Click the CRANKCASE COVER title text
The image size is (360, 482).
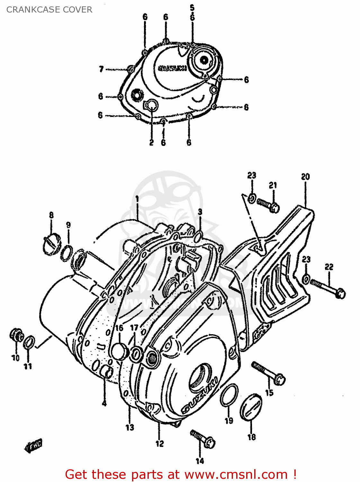pos(49,10)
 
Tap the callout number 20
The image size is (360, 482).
pos(305,176)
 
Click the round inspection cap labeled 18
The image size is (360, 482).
pos(251,407)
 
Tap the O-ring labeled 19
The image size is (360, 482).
pos(229,395)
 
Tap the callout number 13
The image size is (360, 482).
pos(130,427)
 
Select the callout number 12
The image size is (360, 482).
pos(160,444)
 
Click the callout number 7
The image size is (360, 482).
pos(101,69)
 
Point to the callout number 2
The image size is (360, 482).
pos(151,142)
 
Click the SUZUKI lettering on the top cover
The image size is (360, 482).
pos(173,68)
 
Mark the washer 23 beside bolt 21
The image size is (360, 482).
pos(252,198)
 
